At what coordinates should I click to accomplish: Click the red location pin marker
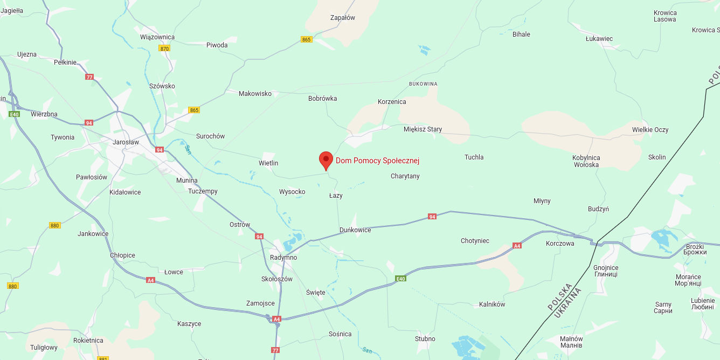point(326,160)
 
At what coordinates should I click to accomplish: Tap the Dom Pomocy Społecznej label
point(377,161)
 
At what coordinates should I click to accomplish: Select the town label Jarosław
point(126,142)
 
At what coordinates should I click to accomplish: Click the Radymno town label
point(283,258)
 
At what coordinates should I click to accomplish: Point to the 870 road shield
point(164,49)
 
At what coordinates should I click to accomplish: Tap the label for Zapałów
point(343,18)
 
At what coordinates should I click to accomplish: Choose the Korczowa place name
point(560,244)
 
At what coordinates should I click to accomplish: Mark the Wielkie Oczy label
point(650,130)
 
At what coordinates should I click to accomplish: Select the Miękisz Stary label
point(423,129)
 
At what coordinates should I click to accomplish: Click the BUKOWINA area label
point(423,84)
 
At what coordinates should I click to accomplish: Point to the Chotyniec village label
point(475,241)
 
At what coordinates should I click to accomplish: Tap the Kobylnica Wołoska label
point(586,161)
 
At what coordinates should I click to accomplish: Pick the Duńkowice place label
point(355,230)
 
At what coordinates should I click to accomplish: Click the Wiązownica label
point(157,37)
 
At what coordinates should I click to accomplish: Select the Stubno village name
point(425,339)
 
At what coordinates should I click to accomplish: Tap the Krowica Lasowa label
point(664,16)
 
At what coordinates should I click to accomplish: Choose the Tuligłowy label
point(44,348)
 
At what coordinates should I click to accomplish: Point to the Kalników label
point(492,304)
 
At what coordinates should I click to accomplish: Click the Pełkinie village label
point(65,63)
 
